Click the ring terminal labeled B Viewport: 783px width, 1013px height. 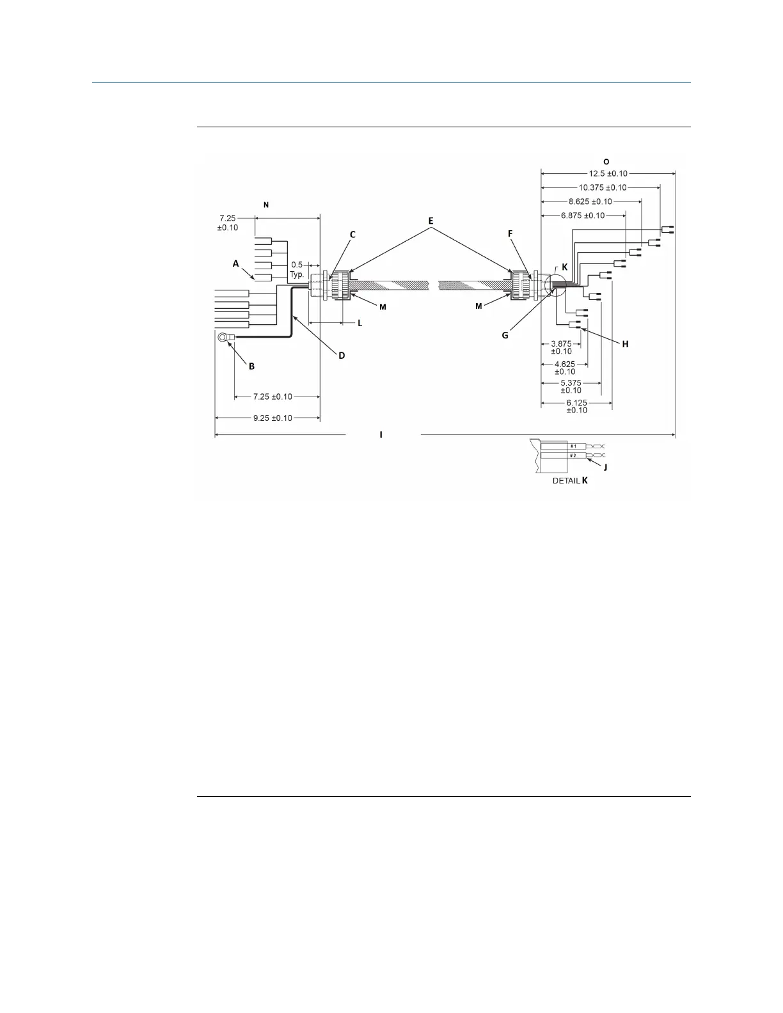coord(223,337)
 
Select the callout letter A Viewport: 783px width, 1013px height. coord(235,263)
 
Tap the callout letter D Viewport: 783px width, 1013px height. coord(342,355)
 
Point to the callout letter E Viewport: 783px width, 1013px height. coord(431,221)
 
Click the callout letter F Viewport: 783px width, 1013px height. coord(510,234)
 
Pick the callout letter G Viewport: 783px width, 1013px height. coord(505,334)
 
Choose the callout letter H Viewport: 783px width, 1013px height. coord(625,344)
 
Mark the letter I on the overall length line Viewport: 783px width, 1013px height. coord(381,435)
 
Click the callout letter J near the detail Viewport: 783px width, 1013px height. coord(605,467)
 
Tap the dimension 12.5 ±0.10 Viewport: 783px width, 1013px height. coord(608,173)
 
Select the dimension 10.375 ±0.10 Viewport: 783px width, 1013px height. coord(603,187)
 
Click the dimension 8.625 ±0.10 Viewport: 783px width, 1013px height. coord(590,201)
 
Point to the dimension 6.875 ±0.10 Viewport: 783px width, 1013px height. coord(582,216)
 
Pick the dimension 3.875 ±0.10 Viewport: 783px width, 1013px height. coord(561,347)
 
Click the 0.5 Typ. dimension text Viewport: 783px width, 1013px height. coord(297,269)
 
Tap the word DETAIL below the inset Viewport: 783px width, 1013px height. coord(565,480)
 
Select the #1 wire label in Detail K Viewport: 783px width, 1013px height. coord(574,446)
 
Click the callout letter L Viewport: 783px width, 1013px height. coord(360,324)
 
